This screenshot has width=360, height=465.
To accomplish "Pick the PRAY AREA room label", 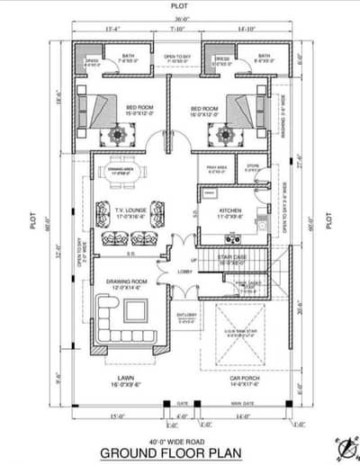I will point(216,166).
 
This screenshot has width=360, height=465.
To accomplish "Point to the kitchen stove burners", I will point(231,240).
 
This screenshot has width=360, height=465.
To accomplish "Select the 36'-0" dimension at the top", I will point(181,19).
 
